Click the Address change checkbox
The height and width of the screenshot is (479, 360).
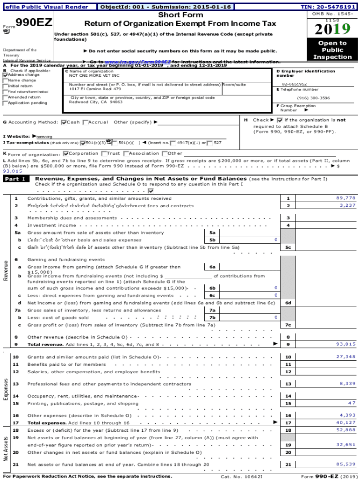[5, 75]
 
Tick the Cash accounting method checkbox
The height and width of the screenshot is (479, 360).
[64, 123]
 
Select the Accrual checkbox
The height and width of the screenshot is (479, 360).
[85, 123]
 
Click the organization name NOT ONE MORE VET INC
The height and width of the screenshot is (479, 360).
[94, 75]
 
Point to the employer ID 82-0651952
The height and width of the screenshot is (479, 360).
[295, 84]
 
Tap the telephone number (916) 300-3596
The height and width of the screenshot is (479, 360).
[313, 98]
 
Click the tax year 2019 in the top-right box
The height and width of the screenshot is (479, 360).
[332, 29]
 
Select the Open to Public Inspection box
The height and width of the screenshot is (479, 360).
[332, 50]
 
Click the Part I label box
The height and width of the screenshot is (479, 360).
[16, 179]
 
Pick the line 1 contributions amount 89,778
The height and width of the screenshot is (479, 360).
[346, 198]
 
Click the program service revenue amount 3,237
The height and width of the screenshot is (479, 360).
[347, 205]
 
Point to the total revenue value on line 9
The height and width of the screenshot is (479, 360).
[346, 344]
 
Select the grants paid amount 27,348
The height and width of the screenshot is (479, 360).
[346, 357]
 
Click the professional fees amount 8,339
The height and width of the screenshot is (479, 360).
[347, 384]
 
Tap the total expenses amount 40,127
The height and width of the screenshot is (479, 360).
[346, 422]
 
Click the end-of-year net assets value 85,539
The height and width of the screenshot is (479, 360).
[346, 464]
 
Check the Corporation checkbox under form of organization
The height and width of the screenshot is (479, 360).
[66, 153]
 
